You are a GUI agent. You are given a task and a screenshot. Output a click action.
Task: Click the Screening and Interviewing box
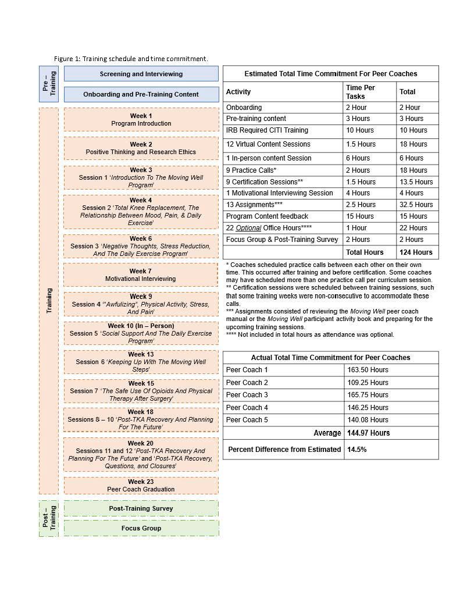[x=141, y=74]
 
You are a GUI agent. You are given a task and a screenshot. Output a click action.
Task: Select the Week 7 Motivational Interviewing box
[x=140, y=275]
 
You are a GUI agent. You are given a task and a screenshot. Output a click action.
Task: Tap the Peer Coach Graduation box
[x=141, y=486]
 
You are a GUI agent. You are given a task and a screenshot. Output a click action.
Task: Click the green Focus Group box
[x=141, y=528]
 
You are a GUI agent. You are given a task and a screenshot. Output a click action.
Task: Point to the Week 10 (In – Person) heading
[x=141, y=326]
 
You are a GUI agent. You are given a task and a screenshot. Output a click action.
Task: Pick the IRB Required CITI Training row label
[x=267, y=130]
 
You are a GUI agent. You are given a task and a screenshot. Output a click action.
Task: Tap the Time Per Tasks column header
[x=361, y=92]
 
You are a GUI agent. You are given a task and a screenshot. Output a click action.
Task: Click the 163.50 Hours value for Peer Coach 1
[x=368, y=370]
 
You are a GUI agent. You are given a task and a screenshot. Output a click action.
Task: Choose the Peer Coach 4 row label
[x=247, y=408]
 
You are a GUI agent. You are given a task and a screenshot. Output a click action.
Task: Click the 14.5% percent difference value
[x=357, y=450]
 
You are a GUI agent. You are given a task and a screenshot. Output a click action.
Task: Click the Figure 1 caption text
[x=131, y=59]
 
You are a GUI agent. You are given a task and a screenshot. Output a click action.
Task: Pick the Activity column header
[x=238, y=92]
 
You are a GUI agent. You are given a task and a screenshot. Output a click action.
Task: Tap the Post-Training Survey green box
[x=141, y=508]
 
